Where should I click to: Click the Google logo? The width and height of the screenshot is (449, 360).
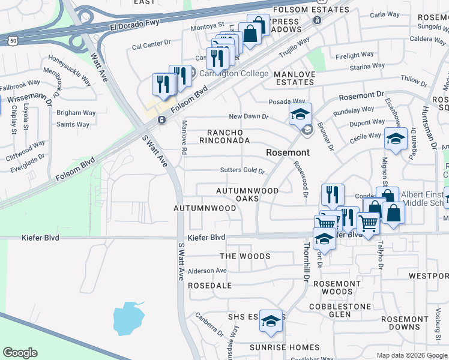tap(20, 353)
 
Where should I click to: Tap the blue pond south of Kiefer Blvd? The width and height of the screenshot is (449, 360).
tap(128, 317)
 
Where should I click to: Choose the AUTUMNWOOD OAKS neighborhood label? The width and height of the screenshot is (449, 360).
tap(248, 195)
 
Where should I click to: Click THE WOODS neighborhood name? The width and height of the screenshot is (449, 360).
tap(245, 256)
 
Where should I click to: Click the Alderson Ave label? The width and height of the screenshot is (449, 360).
tap(208, 271)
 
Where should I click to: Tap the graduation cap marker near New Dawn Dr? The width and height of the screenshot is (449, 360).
tap(301, 113)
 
